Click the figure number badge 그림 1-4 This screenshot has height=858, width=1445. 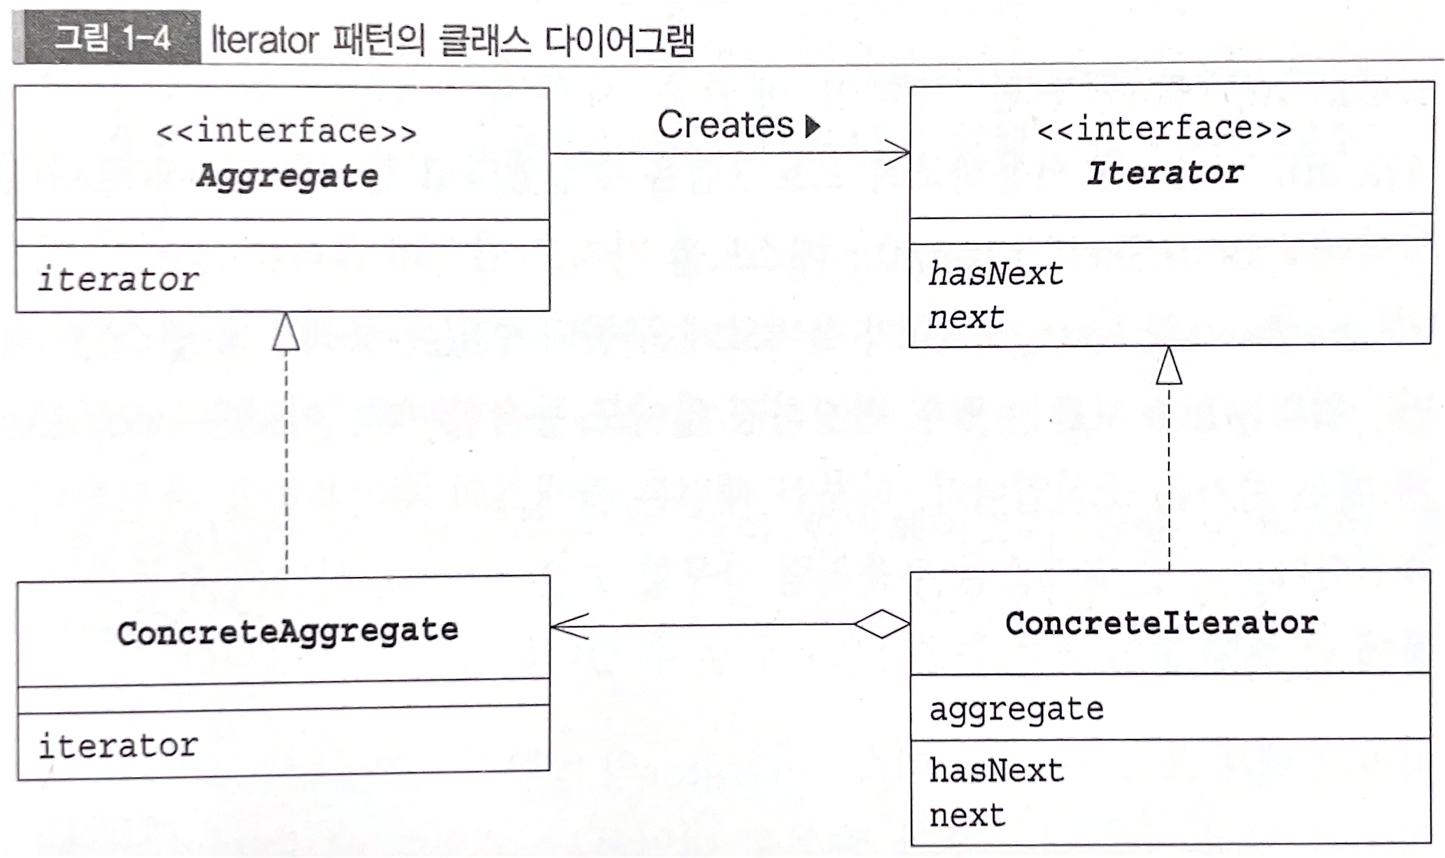(111, 38)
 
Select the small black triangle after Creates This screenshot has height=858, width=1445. (812, 126)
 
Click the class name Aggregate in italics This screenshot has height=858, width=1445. (287, 176)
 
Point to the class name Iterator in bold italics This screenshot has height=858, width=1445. (1164, 173)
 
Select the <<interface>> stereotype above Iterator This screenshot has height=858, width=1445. (1164, 129)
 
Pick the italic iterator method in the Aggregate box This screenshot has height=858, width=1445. (118, 280)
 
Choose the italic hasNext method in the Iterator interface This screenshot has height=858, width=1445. (996, 274)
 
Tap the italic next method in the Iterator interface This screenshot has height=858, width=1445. (966, 318)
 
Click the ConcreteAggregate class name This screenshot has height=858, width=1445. (287, 632)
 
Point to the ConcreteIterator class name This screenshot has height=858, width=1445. (1162, 623)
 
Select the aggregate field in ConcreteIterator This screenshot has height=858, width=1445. (1016, 709)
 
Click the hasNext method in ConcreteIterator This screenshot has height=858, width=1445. (996, 770)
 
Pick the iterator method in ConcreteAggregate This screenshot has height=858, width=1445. (118, 746)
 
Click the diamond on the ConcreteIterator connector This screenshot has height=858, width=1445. (881, 624)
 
